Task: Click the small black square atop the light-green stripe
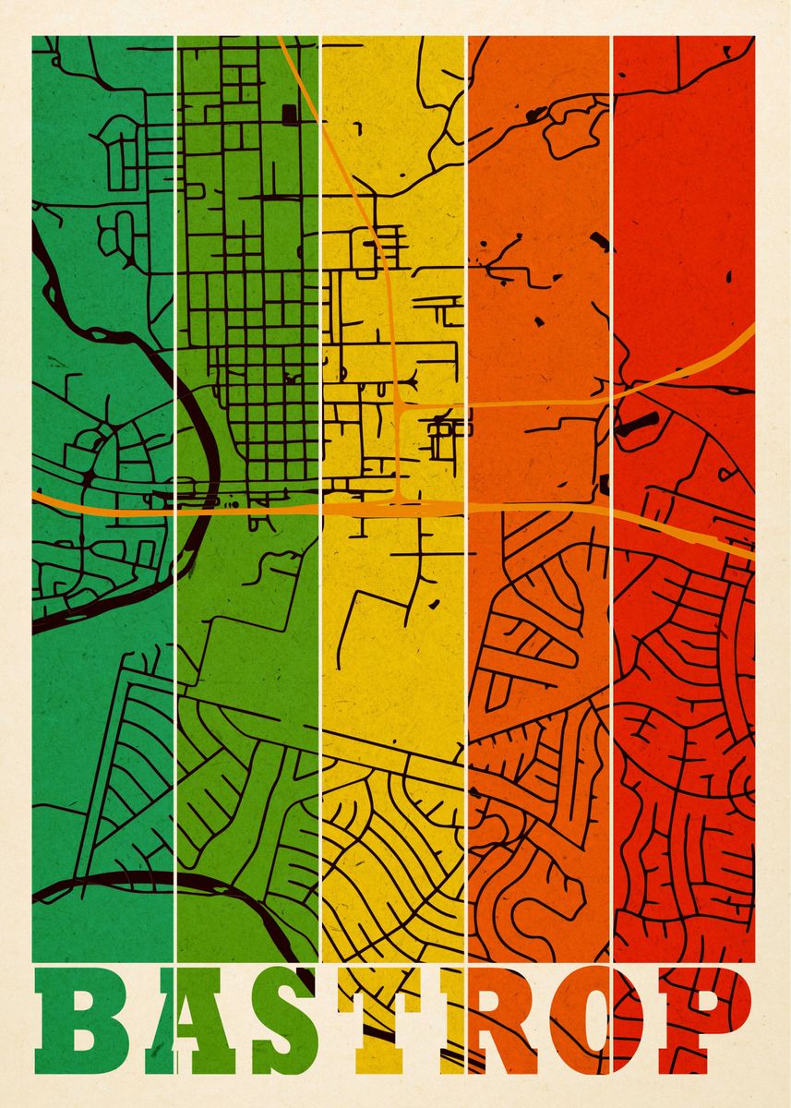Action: pyautogui.click(x=290, y=114)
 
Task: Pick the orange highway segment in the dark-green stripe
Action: pyautogui.click(x=102, y=502)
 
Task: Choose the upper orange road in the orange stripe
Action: pyautogui.click(x=535, y=404)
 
